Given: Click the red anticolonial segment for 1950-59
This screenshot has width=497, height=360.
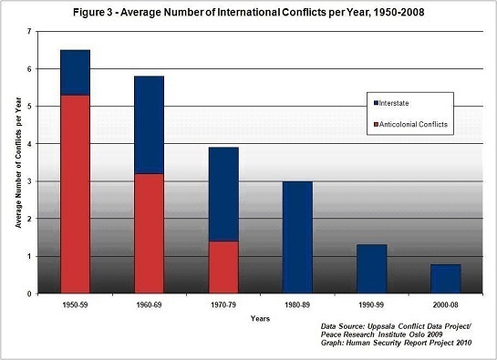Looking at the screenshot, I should [76, 195].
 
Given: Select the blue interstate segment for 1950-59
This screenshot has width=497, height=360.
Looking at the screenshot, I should [76, 72].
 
